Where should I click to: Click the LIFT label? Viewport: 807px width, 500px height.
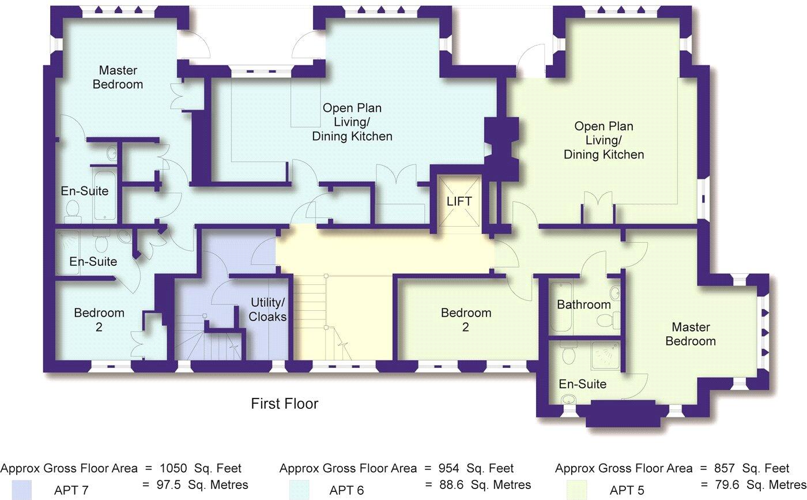click(459, 201)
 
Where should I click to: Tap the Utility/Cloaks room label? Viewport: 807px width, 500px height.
click(267, 310)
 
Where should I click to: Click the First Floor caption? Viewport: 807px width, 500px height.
click(284, 404)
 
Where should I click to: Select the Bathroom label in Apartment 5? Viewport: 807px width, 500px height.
click(583, 304)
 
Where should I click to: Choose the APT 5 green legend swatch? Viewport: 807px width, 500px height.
click(576, 490)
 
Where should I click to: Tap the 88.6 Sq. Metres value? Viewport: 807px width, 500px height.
click(477, 484)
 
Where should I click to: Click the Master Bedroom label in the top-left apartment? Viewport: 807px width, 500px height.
click(118, 77)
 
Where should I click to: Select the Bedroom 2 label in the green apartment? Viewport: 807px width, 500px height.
click(466, 320)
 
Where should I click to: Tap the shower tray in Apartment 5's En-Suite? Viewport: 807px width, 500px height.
click(604, 356)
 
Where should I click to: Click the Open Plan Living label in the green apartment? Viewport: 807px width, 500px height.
click(604, 140)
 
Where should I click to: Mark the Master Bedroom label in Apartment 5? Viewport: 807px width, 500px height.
click(691, 334)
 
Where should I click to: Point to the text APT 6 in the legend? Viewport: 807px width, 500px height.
click(346, 491)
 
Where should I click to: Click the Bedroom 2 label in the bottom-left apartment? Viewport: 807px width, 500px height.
click(99, 320)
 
